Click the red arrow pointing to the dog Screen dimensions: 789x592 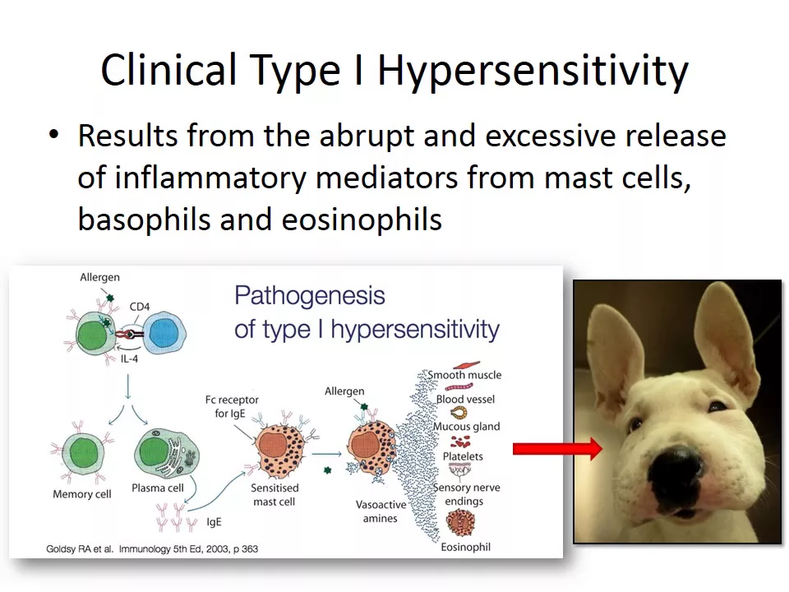tap(557, 448)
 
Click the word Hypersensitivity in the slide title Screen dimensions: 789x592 tap(533, 71)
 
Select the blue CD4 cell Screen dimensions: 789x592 tap(164, 333)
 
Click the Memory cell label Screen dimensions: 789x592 tap(82, 494)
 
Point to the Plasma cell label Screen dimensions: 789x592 tap(158, 488)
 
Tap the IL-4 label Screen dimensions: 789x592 tap(129, 359)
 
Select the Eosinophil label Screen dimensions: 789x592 tap(465, 548)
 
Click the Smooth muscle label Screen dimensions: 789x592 tap(464, 375)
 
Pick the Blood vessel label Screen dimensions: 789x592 tap(465, 400)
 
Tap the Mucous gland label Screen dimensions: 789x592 tap(467, 427)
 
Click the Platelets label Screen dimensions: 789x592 tap(463, 456)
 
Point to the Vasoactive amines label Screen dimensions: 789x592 tap(381, 511)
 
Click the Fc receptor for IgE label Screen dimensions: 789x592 tap(232, 406)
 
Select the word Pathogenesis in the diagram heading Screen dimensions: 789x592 tap(310, 296)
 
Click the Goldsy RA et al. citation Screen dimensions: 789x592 tap(152, 548)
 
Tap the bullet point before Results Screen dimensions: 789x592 tap(54, 135)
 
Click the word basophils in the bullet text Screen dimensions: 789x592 tap(143, 220)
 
